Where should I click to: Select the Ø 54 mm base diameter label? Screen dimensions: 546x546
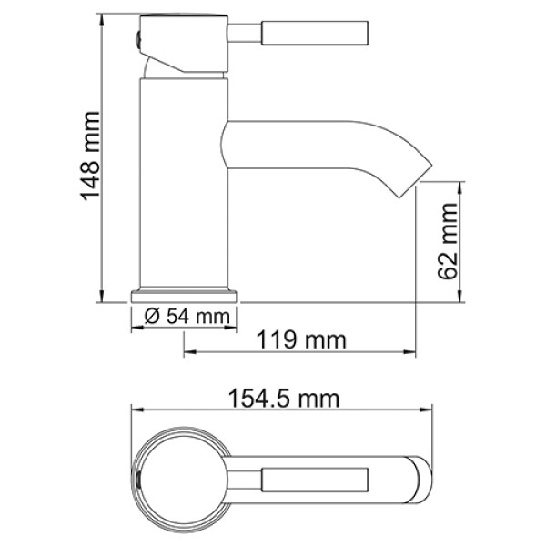(185, 318)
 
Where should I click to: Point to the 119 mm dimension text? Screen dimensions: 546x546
(301, 340)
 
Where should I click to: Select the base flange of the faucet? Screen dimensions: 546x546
(185, 296)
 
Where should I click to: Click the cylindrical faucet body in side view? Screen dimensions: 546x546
(182, 182)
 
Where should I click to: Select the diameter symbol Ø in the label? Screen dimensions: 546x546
(152, 318)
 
